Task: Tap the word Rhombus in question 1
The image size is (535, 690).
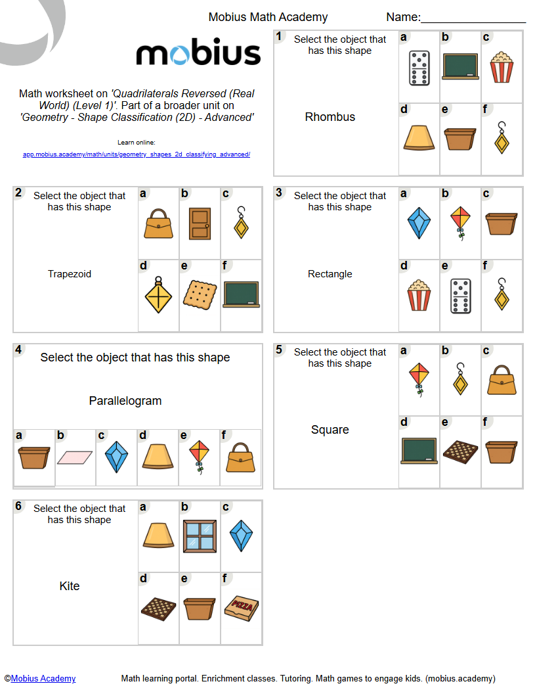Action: (330, 117)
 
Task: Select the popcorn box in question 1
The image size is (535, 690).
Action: (502, 68)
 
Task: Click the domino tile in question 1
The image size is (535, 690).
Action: (419, 68)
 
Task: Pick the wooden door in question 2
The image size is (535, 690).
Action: (200, 224)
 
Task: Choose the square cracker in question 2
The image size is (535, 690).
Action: (200, 294)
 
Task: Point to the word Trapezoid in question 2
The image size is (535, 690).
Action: (69, 274)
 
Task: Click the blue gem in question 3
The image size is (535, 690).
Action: (418, 223)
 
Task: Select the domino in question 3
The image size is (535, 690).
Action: (460, 296)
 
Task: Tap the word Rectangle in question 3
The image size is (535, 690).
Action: (330, 274)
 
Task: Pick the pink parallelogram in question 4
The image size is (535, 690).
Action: (75, 457)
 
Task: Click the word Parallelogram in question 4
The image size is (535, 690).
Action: (125, 401)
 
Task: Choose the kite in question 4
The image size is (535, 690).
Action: (199, 456)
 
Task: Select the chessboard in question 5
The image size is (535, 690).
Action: (460, 450)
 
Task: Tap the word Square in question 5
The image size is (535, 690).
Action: (330, 430)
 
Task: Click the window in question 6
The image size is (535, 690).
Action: (200, 535)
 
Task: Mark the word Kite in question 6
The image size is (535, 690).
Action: (69, 586)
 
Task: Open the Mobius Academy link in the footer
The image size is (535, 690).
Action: (43, 679)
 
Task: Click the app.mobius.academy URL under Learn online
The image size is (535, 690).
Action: (136, 154)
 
